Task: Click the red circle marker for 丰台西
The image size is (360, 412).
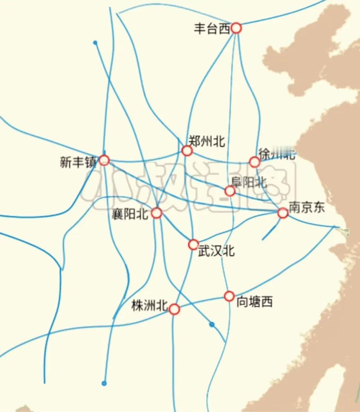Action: coord(236,28)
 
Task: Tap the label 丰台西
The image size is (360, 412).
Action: coord(212,29)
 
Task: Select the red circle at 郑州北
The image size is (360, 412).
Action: coord(187,151)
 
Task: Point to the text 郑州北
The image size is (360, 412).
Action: coord(206,141)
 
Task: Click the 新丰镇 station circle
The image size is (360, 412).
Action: coord(104,160)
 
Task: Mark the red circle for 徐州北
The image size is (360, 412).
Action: coord(254,162)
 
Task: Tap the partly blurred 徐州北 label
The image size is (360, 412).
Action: coord(277,155)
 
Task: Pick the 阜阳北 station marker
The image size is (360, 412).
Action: coord(230,191)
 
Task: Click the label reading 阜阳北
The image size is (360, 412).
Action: coord(249,182)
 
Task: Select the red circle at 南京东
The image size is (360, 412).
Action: coord(283,213)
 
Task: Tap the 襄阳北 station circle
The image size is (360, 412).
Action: coord(157,213)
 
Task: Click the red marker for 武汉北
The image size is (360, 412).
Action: coord(193,244)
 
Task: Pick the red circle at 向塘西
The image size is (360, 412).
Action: coord(229,296)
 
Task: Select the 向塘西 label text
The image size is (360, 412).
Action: coord(254,302)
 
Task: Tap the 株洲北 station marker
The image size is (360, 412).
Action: coord(174,309)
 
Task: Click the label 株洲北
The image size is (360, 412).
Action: coord(149,306)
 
